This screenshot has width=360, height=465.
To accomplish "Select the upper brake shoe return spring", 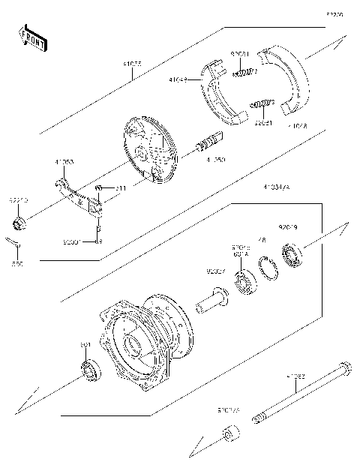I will tap(244, 72).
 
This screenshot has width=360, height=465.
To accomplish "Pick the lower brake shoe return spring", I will tap(260, 103).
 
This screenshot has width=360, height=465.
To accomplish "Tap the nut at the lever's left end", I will tap(18, 223).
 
